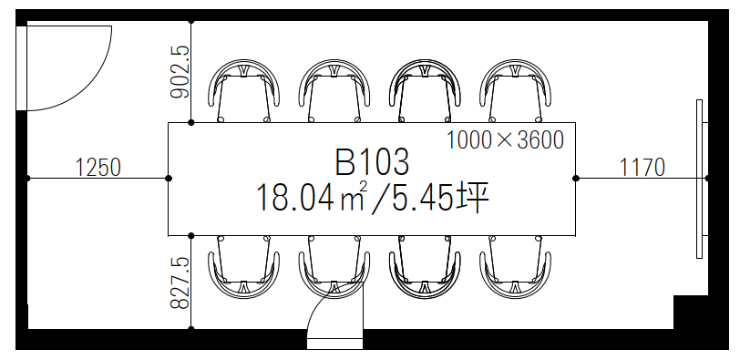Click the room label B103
coord(372,163)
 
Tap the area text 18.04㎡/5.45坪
coord(372,199)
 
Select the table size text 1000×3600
coord(505,140)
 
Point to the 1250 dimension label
coord(98,168)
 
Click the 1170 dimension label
coord(642,168)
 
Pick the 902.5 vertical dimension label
coord(180,71)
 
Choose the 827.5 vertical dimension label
coord(180,283)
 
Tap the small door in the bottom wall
coord(335,315)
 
